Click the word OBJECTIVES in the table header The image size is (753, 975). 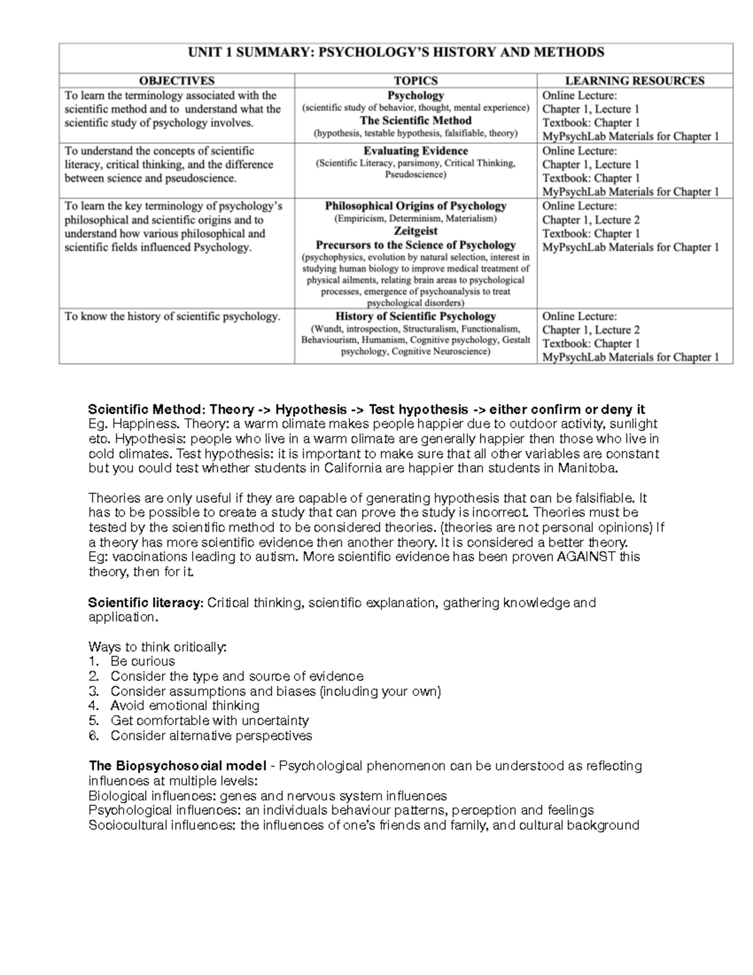[176, 80]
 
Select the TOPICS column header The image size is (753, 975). [415, 80]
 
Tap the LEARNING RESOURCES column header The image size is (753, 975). [634, 80]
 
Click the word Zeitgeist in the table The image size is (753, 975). [415, 231]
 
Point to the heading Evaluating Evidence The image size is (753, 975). [415, 151]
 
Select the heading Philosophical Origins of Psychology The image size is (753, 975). [415, 206]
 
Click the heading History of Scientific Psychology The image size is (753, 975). [415, 316]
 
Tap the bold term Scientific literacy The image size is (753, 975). [146, 603]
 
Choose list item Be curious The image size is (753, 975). [142, 661]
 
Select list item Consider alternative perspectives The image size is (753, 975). [211, 735]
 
